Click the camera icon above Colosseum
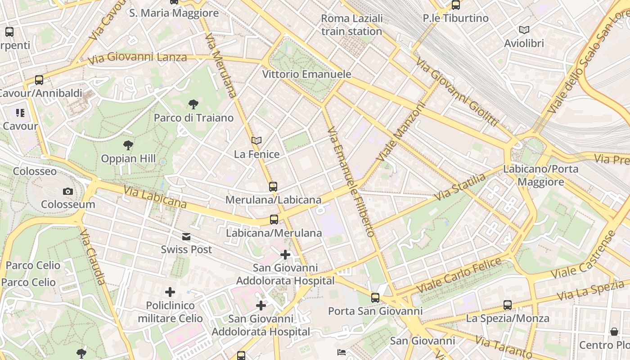click(x=68, y=191)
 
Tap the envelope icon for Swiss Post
click(x=186, y=237)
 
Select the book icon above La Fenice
click(x=256, y=141)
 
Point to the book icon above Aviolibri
click(x=524, y=30)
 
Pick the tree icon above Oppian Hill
click(x=128, y=145)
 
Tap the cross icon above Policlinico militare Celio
click(x=170, y=292)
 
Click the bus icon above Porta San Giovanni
click(x=375, y=297)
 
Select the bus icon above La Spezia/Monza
click(x=508, y=305)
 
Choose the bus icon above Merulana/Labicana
click(x=273, y=186)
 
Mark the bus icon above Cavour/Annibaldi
click(x=39, y=80)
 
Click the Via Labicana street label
click(x=154, y=198)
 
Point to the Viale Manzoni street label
click(x=401, y=132)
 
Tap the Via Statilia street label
click(x=460, y=187)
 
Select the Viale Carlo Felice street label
click(x=459, y=274)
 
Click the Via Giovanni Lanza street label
click(x=137, y=58)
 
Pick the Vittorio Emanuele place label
click(x=306, y=74)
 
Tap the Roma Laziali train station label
click(x=352, y=25)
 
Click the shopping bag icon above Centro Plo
click(x=614, y=332)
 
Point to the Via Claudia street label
click(x=92, y=256)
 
